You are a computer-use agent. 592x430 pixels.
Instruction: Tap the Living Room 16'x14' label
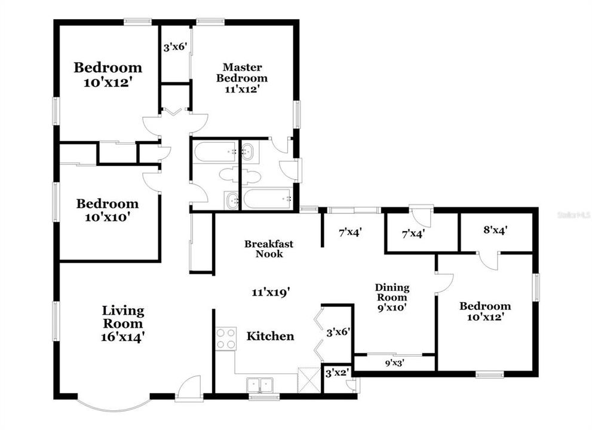pyautogui.click(x=122, y=324)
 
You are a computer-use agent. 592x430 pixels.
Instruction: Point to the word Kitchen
pyautogui.click(x=270, y=336)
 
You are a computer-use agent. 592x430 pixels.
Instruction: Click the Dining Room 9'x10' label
pyautogui.click(x=391, y=297)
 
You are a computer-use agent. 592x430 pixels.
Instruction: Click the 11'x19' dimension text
pyautogui.click(x=271, y=292)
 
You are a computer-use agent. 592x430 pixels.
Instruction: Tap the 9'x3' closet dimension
pyautogui.click(x=394, y=362)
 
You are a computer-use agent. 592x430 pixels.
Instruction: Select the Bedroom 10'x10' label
pyautogui.click(x=108, y=210)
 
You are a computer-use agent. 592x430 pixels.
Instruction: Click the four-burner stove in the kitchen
pyautogui.click(x=226, y=339)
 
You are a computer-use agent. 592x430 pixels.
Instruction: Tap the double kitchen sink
pyautogui.click(x=260, y=384)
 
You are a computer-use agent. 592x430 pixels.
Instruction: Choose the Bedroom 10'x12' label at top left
pyautogui.click(x=108, y=74)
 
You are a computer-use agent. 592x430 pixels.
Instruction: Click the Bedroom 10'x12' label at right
pyautogui.click(x=484, y=312)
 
